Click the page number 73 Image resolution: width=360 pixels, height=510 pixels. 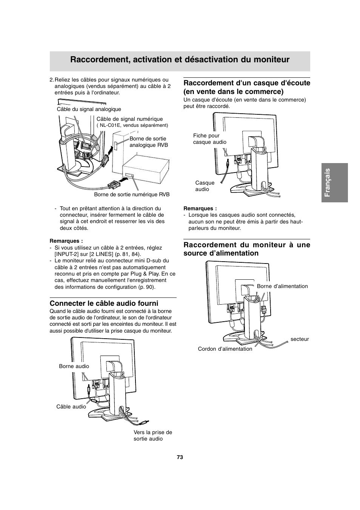click(x=180, y=457)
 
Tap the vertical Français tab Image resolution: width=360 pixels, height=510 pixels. click(x=334, y=182)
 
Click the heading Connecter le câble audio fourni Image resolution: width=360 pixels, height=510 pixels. click(x=104, y=304)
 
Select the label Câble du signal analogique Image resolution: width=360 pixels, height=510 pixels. click(x=89, y=109)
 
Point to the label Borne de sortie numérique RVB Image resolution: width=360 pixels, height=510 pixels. click(x=132, y=194)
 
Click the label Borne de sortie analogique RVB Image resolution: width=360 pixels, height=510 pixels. click(x=149, y=142)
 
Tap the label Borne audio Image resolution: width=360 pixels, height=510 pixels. click(x=74, y=366)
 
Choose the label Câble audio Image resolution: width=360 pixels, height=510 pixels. click(x=71, y=407)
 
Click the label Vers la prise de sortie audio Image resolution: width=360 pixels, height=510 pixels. click(x=152, y=436)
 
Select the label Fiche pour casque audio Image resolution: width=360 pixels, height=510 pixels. click(x=209, y=139)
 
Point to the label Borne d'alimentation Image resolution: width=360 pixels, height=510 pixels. click(x=282, y=286)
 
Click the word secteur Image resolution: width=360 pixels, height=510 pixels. click(x=300, y=339)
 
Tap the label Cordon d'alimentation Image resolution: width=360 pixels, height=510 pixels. click(x=225, y=349)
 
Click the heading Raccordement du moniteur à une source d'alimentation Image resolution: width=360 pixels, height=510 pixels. click(x=246, y=249)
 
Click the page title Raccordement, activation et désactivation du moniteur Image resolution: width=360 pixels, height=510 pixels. click(x=180, y=60)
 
